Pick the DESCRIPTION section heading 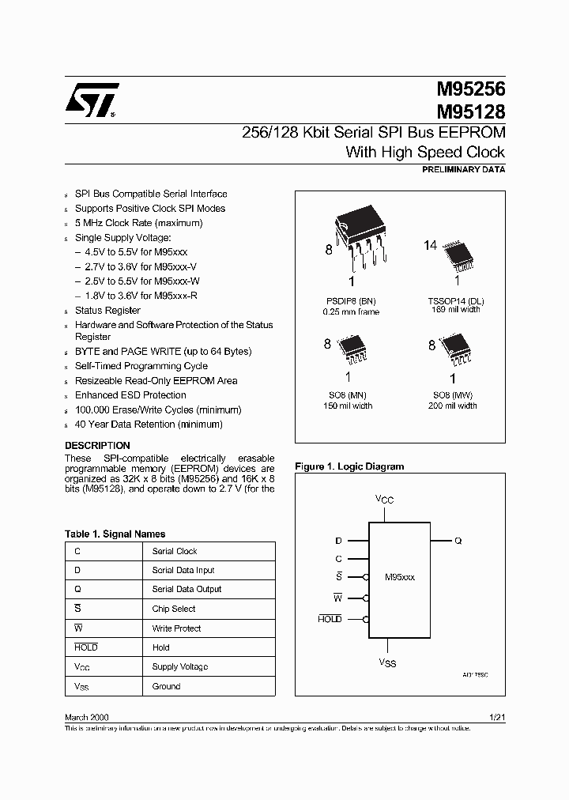[97, 446]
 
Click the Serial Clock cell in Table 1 [175, 551]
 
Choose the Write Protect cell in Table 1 [176, 628]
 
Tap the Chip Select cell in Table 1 [174, 609]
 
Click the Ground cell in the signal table [166, 686]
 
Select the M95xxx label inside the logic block [399, 578]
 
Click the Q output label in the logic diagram [458, 542]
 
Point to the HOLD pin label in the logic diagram [330, 619]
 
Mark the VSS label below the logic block [388, 662]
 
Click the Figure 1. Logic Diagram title [349, 466]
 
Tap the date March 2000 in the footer [87, 717]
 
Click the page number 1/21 [497, 717]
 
